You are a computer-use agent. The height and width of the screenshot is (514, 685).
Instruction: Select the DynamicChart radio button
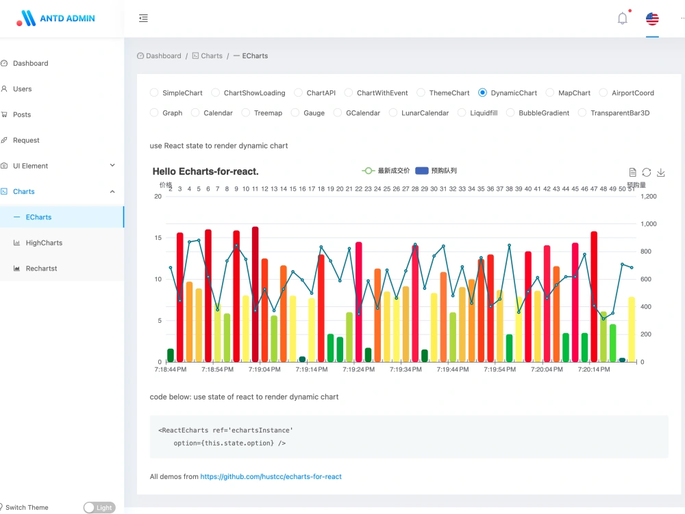click(482, 93)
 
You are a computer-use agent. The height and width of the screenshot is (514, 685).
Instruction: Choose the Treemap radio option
click(246, 113)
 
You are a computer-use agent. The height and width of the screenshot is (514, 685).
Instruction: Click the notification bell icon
click(623, 19)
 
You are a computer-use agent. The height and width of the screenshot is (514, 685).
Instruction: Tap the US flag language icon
click(652, 19)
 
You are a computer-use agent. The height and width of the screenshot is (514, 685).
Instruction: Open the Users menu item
click(23, 88)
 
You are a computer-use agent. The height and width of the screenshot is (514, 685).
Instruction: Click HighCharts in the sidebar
click(44, 243)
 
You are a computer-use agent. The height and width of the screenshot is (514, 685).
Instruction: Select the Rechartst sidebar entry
click(41, 269)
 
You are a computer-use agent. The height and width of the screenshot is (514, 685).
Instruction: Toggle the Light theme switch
click(99, 507)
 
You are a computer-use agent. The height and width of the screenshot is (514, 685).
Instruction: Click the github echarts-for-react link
click(271, 476)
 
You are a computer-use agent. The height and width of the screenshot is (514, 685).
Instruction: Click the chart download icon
click(661, 172)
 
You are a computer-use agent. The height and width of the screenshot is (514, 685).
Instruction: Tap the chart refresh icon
click(647, 172)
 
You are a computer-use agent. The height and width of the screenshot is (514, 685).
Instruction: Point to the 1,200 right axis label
click(648, 197)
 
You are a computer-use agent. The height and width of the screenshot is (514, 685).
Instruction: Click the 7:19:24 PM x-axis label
click(359, 369)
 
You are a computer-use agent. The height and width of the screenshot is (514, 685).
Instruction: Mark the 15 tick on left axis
click(158, 238)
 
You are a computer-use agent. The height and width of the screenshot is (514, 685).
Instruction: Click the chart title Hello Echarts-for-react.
click(206, 171)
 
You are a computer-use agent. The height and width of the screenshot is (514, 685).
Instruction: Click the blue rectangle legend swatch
click(421, 171)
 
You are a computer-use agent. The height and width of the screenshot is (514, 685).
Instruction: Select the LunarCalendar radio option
click(393, 113)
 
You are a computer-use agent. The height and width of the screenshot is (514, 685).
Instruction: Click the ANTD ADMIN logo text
click(67, 19)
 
